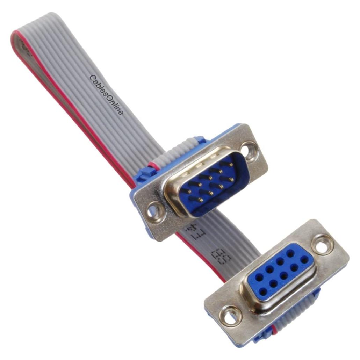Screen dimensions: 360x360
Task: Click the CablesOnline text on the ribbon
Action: [107, 95]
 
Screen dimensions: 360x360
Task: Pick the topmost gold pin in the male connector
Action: [231, 163]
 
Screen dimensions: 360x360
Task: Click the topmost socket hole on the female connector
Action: [290, 252]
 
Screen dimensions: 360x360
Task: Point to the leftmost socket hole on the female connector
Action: [259, 276]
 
